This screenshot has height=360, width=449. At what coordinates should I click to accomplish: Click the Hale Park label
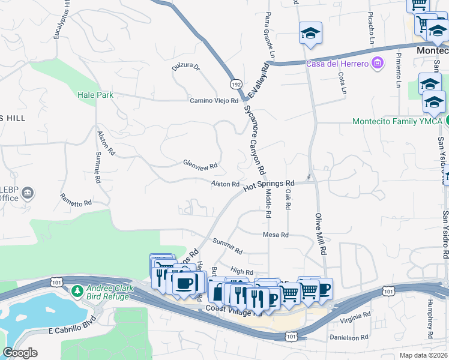coord(95,95)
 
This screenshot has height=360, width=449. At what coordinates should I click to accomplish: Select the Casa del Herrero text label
coord(337,64)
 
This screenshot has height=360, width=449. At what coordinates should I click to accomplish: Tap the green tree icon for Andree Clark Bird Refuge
coord(77,292)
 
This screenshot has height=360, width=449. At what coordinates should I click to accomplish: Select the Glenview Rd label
coord(200,164)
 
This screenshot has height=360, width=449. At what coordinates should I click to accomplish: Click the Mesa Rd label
coord(276,235)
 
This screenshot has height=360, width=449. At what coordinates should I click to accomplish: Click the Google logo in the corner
coord(20,353)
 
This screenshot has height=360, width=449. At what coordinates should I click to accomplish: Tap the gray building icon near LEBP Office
coord(28,193)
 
